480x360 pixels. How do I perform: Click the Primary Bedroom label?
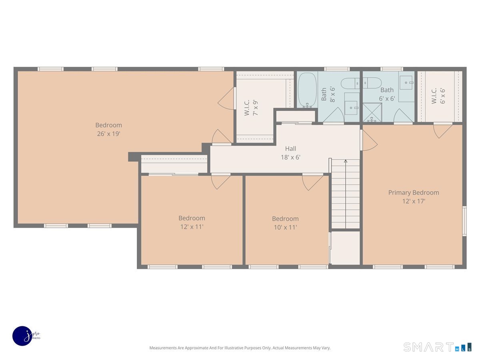(x=414, y=192)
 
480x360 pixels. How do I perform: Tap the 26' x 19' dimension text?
(x=109, y=134)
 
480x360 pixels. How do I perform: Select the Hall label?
(x=290, y=149)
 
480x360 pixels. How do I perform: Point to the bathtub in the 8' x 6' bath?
(x=307, y=90)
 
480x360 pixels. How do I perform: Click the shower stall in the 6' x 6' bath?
(x=372, y=112)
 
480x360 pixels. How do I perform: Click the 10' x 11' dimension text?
(x=285, y=227)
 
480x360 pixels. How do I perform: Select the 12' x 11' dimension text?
(x=192, y=227)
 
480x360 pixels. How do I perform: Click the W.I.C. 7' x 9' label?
(x=251, y=108)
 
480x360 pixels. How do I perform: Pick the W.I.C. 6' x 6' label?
(x=438, y=96)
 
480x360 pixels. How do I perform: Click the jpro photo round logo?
(x=22, y=336)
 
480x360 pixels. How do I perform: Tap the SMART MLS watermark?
(x=437, y=347)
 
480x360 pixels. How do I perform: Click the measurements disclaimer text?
(x=240, y=348)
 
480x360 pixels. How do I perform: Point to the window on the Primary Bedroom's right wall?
(x=464, y=221)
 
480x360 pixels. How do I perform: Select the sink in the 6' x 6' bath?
(x=406, y=83)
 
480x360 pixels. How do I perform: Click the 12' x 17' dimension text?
(x=414, y=201)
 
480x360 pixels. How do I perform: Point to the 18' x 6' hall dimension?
(x=290, y=157)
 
